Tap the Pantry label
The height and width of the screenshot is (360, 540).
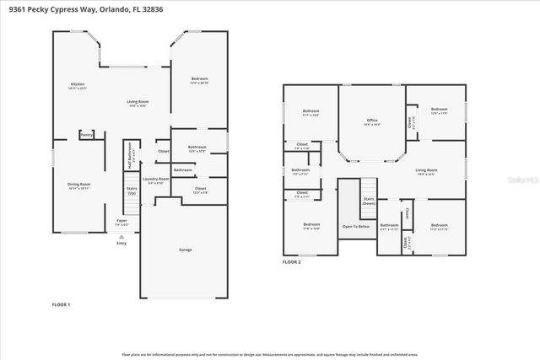pyautogui.click(x=86, y=135)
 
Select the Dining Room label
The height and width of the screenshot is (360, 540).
pyautogui.click(x=78, y=184)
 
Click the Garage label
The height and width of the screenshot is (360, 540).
pyautogui.click(x=185, y=250)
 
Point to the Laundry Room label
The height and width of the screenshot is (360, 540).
pyautogui.click(x=156, y=180)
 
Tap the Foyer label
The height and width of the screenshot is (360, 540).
pyautogui.click(x=122, y=222)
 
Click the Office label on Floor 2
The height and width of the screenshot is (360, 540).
pyautogui.click(x=371, y=121)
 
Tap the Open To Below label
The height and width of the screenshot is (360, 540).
pyautogui.click(x=354, y=226)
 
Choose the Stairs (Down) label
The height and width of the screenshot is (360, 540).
pyautogui.click(x=369, y=201)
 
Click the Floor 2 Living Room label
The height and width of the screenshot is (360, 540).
pyautogui.click(x=425, y=171)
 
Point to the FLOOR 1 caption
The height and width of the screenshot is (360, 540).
pyautogui.click(x=62, y=304)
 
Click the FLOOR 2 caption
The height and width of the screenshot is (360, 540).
pyautogui.click(x=292, y=262)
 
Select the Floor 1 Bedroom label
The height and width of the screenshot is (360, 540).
pyautogui.click(x=198, y=80)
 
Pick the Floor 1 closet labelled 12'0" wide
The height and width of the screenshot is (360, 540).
pyautogui.click(x=200, y=190)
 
